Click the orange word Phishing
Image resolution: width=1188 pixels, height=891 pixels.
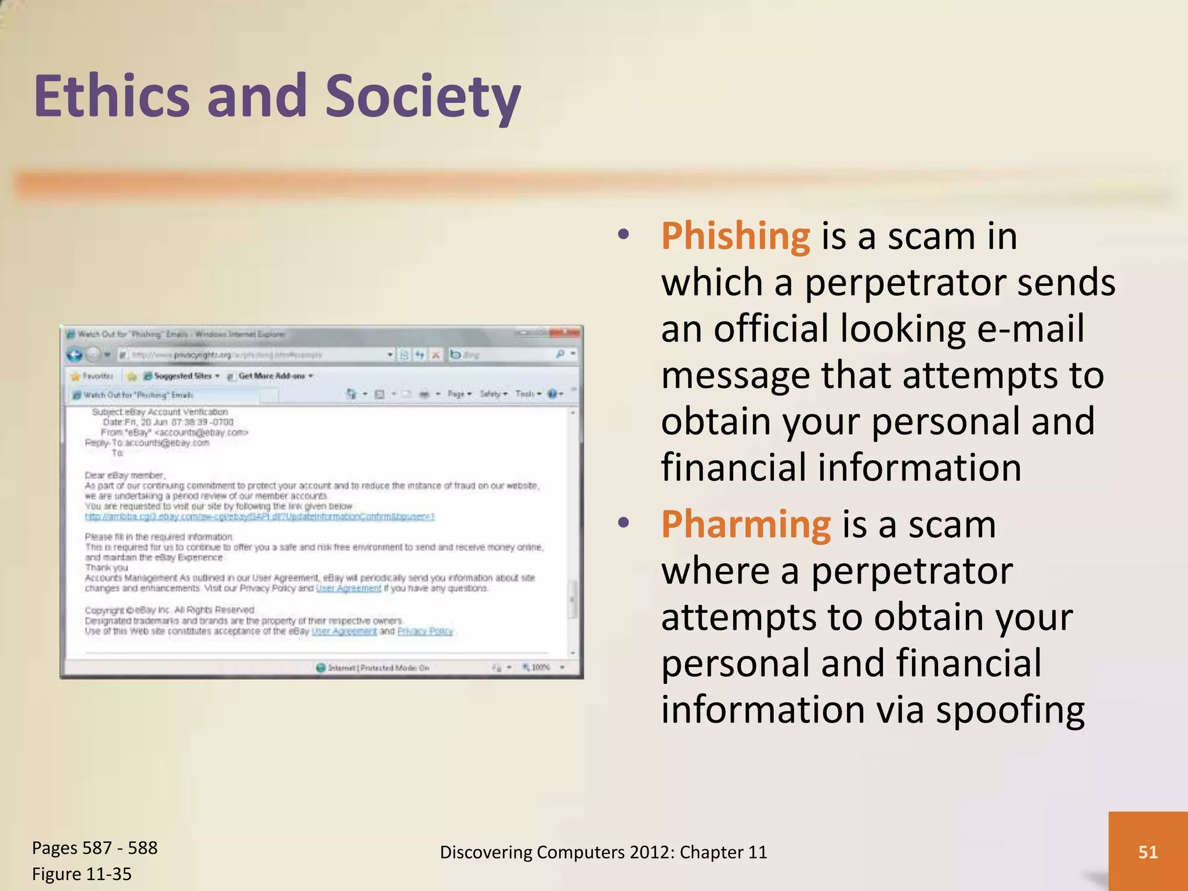pyautogui.click(x=735, y=237)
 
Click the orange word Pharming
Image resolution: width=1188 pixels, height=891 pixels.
pyautogui.click(x=745, y=524)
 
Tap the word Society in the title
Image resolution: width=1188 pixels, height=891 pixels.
pyautogui.click(x=422, y=96)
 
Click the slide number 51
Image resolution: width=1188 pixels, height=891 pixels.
pyautogui.click(x=1147, y=852)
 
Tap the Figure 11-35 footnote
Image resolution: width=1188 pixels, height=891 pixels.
pyautogui.click(x=82, y=874)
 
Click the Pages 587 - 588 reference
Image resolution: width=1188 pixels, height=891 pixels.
pyautogui.click(x=95, y=847)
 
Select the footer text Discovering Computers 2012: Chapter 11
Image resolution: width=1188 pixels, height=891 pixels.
pyautogui.click(x=603, y=852)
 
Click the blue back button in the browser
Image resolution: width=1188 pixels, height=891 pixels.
pyautogui.click(x=75, y=354)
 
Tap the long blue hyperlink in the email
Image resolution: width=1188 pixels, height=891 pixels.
pyautogui.click(x=259, y=516)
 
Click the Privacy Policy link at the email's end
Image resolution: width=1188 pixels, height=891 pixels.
pyautogui.click(x=425, y=631)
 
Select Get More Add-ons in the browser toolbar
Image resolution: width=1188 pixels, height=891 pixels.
pyautogui.click(x=271, y=376)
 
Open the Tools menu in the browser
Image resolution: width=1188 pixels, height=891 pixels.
pyautogui.click(x=527, y=394)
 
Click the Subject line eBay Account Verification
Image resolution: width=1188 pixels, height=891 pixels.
pyautogui.click(x=160, y=412)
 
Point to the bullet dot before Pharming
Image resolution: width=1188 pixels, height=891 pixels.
pyautogui.click(x=624, y=523)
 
